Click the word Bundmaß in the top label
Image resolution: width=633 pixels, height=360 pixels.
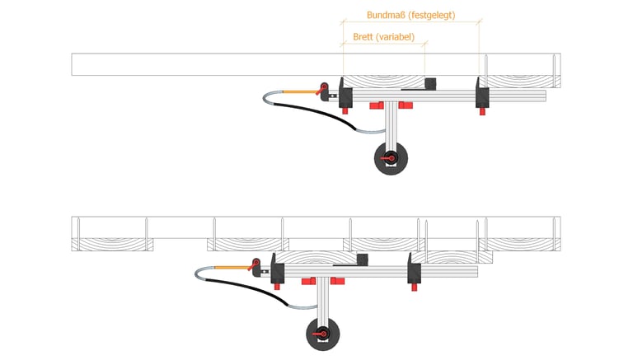(385, 15)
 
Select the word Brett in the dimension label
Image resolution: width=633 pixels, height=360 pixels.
(362, 37)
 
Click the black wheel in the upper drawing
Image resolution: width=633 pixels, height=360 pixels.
(391, 158)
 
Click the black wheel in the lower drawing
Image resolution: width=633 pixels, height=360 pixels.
(323, 334)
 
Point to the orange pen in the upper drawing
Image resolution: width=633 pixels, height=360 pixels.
(298, 92)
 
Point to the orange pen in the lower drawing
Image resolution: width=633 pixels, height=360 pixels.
(231, 268)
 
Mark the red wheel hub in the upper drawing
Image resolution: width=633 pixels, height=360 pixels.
(391, 158)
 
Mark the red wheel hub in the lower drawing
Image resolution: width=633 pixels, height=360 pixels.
(323, 334)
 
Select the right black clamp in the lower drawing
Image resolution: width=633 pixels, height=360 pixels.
(413, 269)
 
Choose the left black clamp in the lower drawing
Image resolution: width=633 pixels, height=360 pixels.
(277, 270)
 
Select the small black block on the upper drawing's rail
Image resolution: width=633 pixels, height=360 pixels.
(429, 83)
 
